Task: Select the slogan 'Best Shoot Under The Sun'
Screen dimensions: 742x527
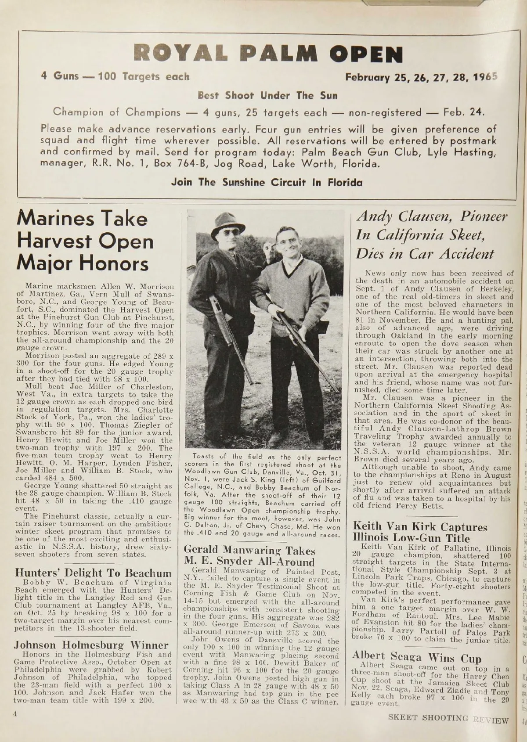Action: [267, 95]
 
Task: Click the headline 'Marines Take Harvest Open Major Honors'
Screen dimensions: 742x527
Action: [85, 241]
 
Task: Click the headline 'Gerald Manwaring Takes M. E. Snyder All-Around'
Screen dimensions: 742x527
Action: [249, 556]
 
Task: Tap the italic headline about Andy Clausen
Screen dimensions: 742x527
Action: [432, 235]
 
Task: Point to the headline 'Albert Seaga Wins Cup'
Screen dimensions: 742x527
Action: [417, 657]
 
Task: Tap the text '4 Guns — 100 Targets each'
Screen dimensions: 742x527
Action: [115, 77]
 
